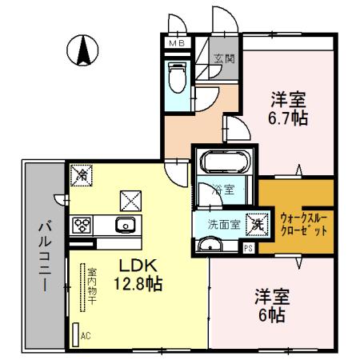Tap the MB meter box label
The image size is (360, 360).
(175, 44)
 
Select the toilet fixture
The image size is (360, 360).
(177, 78)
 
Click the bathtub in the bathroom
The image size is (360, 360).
(224, 163)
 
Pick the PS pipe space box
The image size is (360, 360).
(249, 248)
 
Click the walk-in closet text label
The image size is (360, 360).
(305, 222)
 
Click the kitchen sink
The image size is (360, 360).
(126, 225)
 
